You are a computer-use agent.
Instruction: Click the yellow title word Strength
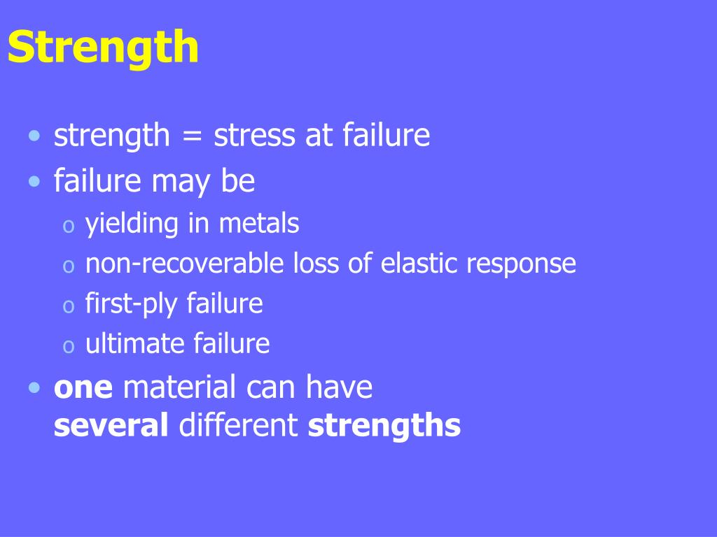pyautogui.click(x=103, y=48)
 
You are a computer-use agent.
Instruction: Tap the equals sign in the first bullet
pyautogui.click(x=191, y=136)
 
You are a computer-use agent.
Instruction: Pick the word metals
pyautogui.click(x=258, y=224)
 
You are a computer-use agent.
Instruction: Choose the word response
pyautogui.click(x=521, y=265)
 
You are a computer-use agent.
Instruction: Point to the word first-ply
pyautogui.click(x=132, y=304)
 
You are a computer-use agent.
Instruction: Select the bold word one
pyautogui.click(x=83, y=388)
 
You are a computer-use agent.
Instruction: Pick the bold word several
pyautogui.click(x=111, y=426)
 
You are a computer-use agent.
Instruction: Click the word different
pyautogui.click(x=239, y=426)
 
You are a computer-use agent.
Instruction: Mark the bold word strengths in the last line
pyautogui.click(x=384, y=426)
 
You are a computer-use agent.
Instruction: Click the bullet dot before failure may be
pyautogui.click(x=35, y=182)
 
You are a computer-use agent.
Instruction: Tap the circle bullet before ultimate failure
pyautogui.click(x=68, y=346)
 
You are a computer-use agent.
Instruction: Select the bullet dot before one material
pyautogui.click(x=35, y=388)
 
